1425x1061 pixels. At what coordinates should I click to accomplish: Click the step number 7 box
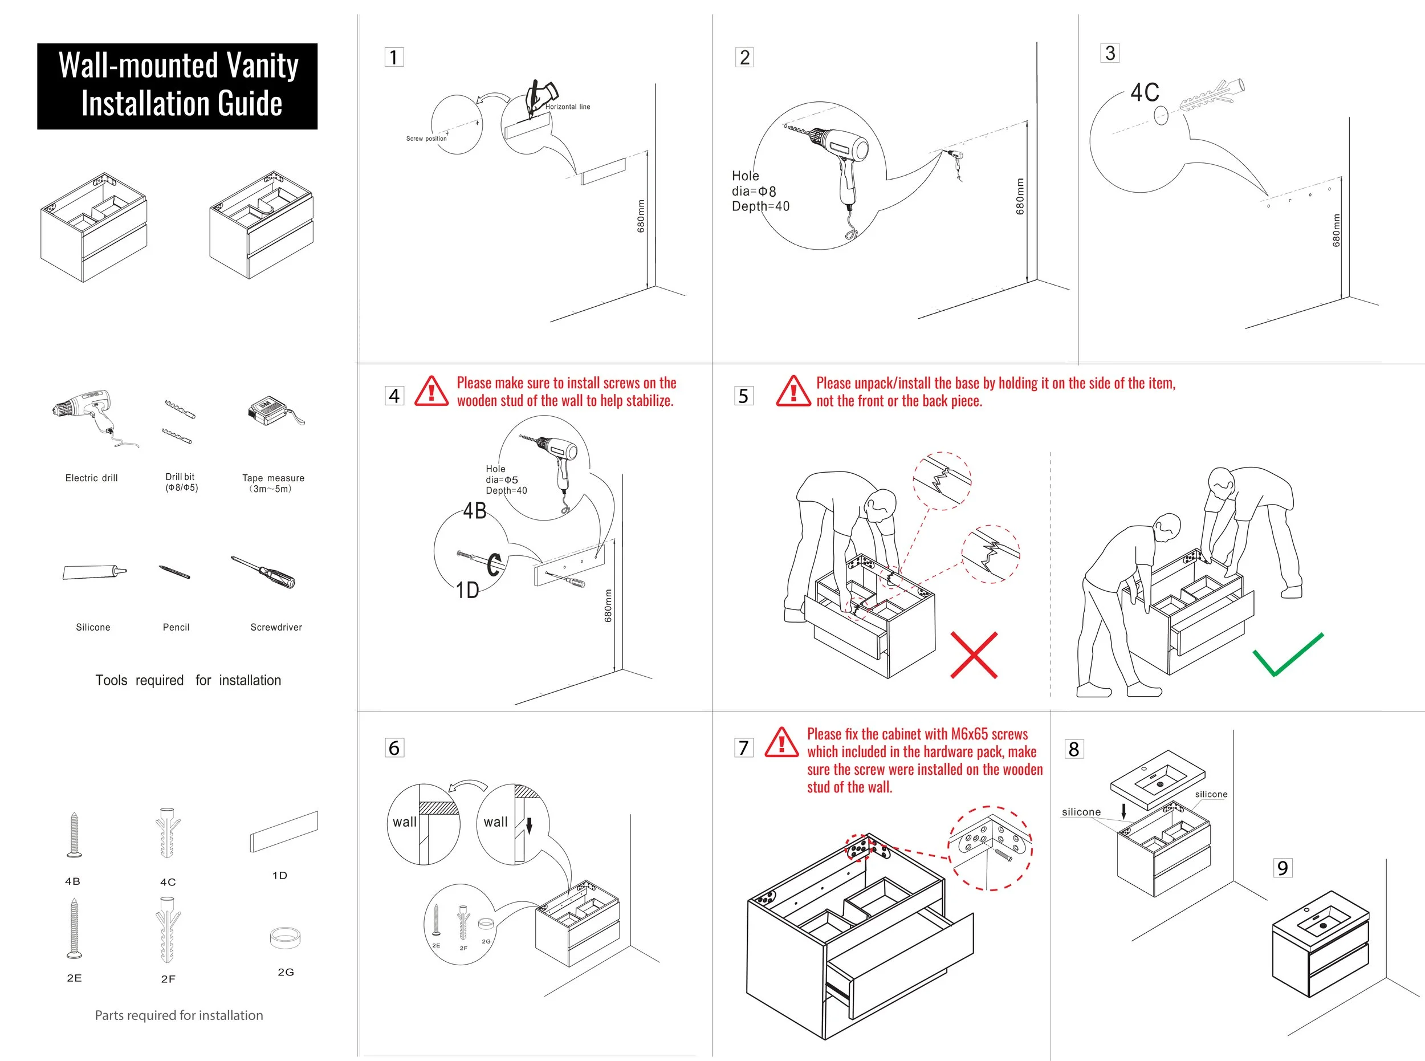pyautogui.click(x=744, y=747)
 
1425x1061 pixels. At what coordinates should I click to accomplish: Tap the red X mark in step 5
pyautogui.click(x=974, y=655)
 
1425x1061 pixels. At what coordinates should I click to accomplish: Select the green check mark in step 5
pyautogui.click(x=1288, y=655)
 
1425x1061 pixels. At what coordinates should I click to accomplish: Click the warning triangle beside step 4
pyautogui.click(x=431, y=391)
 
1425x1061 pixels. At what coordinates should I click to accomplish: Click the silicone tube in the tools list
pyautogui.click(x=93, y=572)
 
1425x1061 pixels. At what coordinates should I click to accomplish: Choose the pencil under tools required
pyautogui.click(x=174, y=572)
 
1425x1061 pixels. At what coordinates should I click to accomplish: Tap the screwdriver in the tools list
pyautogui.click(x=263, y=572)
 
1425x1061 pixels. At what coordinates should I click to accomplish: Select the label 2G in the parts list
pyautogui.click(x=286, y=971)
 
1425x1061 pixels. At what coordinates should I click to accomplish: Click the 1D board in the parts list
pyautogui.click(x=284, y=831)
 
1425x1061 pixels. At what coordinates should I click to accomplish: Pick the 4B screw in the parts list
pyautogui.click(x=74, y=835)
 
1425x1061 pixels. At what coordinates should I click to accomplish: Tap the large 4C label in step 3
pyautogui.click(x=1145, y=92)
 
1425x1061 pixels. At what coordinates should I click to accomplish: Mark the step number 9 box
pyautogui.click(x=1282, y=868)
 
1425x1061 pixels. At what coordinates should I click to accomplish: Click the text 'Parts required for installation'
pyautogui.click(x=178, y=1015)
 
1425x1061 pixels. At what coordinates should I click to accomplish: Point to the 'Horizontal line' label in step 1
pyautogui.click(x=568, y=107)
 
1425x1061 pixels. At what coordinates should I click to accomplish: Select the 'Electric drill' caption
pyautogui.click(x=91, y=478)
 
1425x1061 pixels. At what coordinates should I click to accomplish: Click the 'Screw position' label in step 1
pyautogui.click(x=426, y=138)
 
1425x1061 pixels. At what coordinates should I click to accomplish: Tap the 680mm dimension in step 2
pyautogui.click(x=1020, y=197)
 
